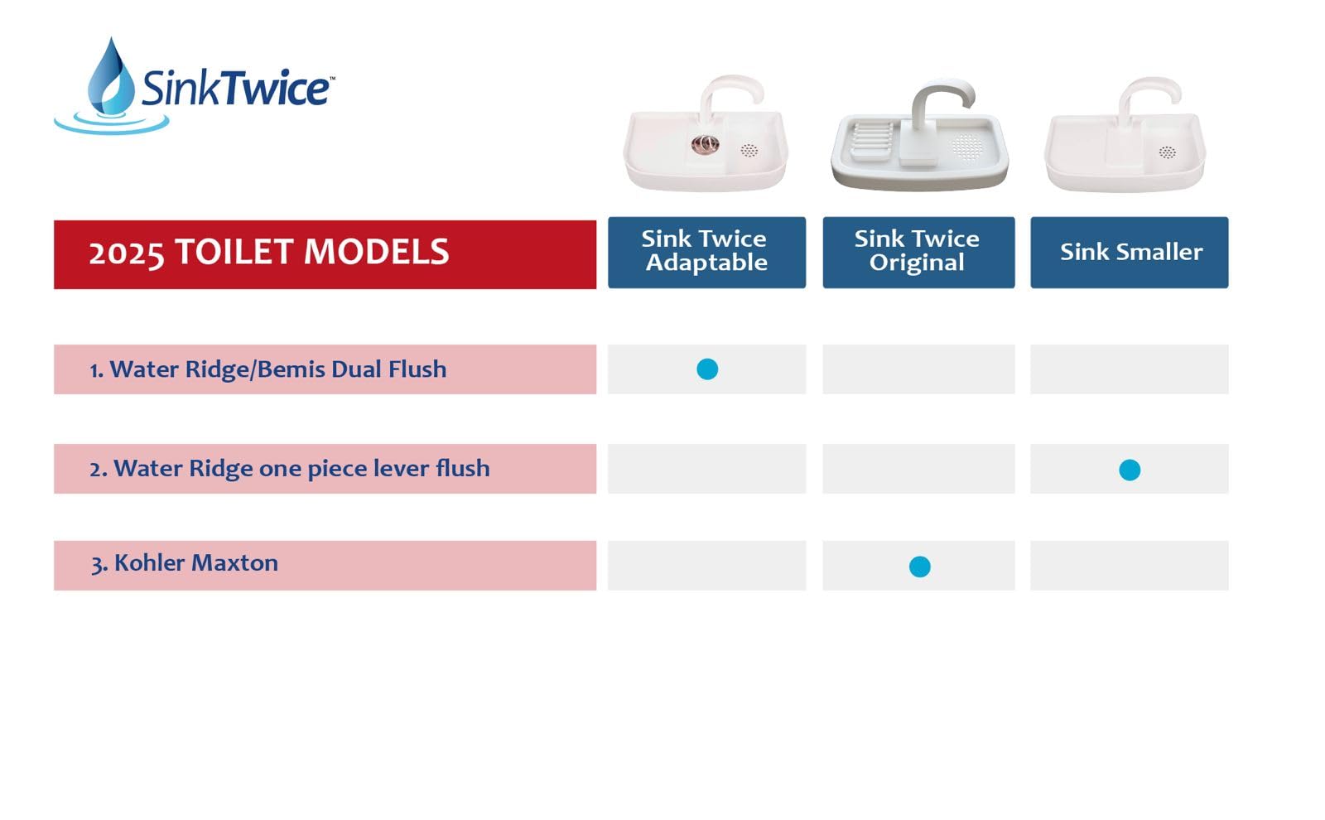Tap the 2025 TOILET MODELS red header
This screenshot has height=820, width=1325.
coord(325,254)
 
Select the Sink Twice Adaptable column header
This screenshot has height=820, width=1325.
coord(706,253)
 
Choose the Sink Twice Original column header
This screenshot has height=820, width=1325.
coord(918,253)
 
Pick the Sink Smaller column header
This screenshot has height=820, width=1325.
coord(1130,253)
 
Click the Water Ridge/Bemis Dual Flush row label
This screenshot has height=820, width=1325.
coord(268,369)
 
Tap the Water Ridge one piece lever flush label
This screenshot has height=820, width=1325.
coord(290,469)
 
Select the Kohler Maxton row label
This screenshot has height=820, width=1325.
coord(184,562)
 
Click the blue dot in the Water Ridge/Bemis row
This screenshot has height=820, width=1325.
coord(707,369)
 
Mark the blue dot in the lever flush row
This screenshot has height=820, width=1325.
coord(1130,470)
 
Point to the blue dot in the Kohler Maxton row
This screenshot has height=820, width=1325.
coord(919,567)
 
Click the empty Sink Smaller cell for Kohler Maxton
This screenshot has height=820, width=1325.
coord(1130,565)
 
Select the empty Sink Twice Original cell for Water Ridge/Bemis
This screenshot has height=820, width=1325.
coord(918,369)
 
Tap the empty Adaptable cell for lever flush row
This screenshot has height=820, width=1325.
coord(706,469)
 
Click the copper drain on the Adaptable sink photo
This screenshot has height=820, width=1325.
coord(705,144)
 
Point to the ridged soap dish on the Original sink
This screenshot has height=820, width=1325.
coord(871,142)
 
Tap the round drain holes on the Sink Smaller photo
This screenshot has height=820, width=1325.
coord(1167,152)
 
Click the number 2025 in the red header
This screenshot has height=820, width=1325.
coord(126,253)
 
